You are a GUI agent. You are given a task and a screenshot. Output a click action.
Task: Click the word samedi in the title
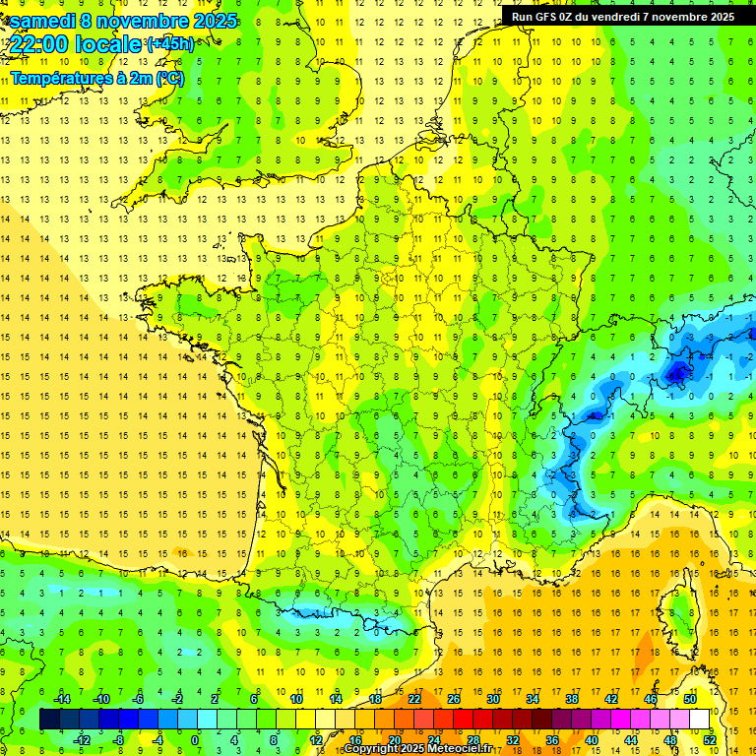[x=42, y=21]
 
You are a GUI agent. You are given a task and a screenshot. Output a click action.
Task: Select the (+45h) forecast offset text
[x=169, y=44]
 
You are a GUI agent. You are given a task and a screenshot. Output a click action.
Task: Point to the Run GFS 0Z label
[x=555, y=17]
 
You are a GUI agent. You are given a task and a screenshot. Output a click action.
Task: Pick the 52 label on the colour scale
[x=709, y=738]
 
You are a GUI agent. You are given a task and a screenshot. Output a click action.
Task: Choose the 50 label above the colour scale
[x=689, y=699]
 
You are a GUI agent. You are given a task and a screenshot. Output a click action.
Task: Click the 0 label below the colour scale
[x=195, y=738]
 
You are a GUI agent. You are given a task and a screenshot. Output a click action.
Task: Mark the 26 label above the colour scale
[x=454, y=699]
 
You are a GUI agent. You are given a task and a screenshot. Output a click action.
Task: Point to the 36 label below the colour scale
[x=552, y=738]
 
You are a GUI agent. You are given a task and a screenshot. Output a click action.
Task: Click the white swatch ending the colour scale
[x=699, y=719]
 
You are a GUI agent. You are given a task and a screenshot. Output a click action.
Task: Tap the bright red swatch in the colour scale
[x=463, y=719]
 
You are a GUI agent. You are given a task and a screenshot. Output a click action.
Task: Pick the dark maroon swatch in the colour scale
[x=541, y=719]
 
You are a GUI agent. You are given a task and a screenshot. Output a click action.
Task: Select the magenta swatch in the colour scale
[x=620, y=719]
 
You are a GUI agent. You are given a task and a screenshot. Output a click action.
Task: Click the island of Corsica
[x=679, y=605]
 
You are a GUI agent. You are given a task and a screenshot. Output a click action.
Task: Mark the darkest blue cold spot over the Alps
[x=677, y=372]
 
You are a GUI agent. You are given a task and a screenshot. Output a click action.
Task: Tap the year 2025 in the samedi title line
[x=210, y=21]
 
